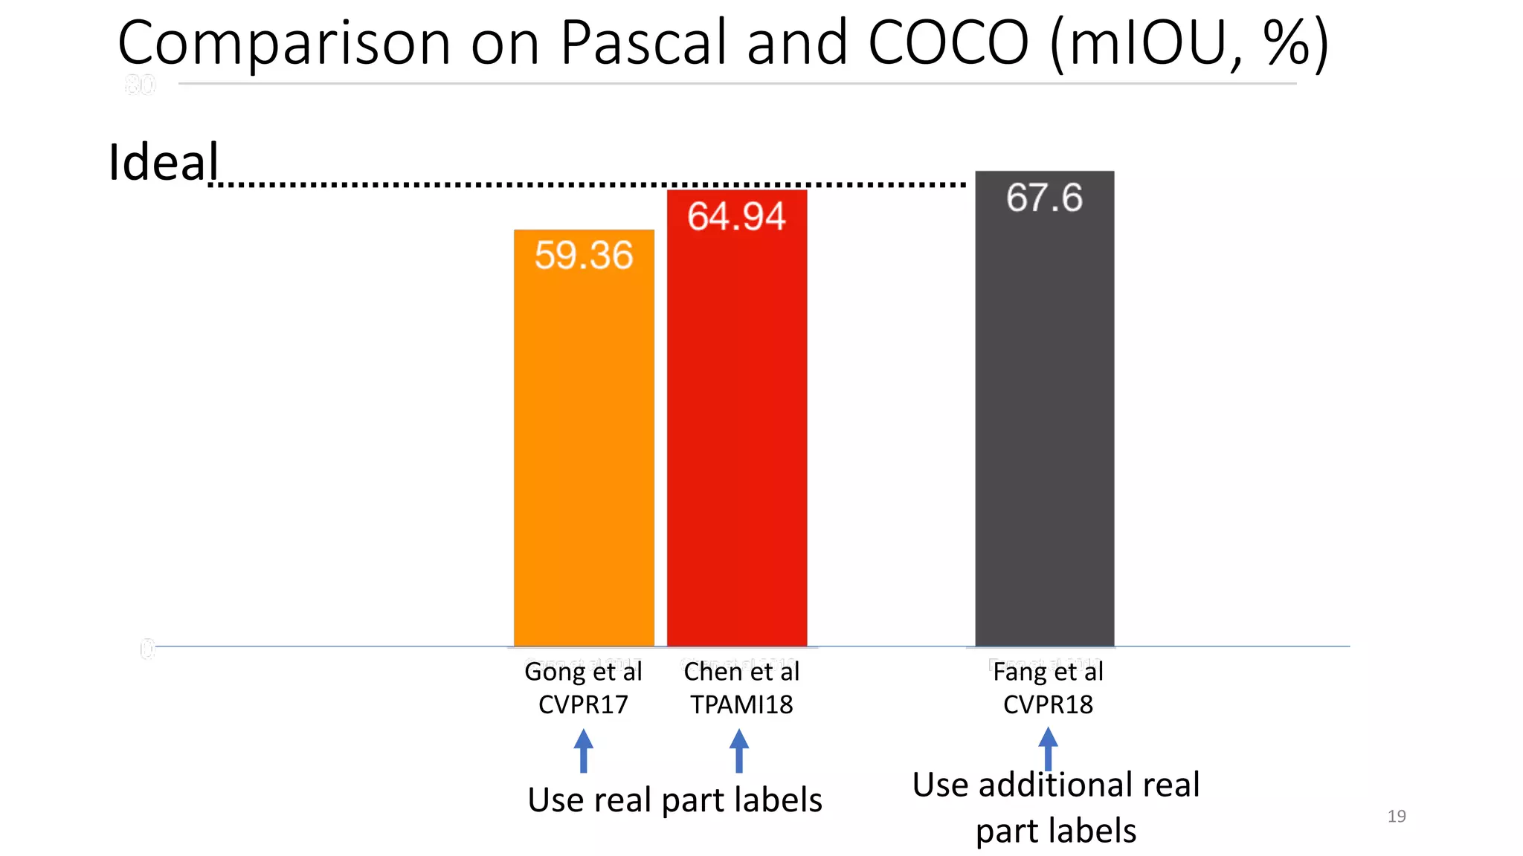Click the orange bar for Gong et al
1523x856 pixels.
point(584,446)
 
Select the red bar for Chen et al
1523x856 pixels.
point(737,431)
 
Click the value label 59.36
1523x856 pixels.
point(584,255)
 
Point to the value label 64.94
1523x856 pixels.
point(736,216)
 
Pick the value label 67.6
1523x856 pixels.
point(1044,198)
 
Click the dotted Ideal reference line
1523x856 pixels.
point(521,184)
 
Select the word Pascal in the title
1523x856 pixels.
point(642,42)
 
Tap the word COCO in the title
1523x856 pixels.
point(948,42)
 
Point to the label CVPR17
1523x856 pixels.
point(583,704)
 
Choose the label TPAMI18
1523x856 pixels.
point(741,704)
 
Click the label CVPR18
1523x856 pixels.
point(1048,704)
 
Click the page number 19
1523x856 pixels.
point(1396,816)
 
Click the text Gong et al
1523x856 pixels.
point(583,672)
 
